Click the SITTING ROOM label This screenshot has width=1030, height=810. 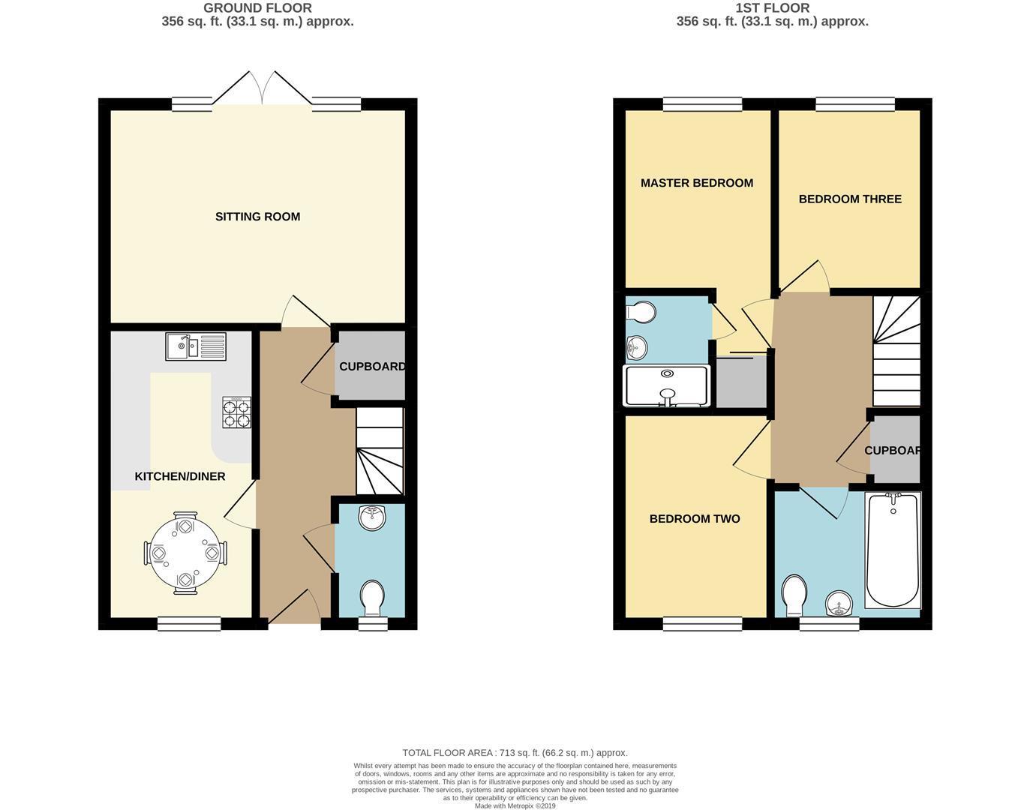(x=257, y=217)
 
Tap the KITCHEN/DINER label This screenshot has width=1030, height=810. (x=180, y=476)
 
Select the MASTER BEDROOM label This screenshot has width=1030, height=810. (x=697, y=183)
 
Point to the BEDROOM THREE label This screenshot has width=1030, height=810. (x=850, y=199)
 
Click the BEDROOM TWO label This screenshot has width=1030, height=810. (x=695, y=519)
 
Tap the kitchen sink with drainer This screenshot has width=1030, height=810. (x=196, y=346)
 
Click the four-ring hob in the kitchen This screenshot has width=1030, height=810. (x=236, y=412)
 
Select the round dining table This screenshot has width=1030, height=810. (x=185, y=553)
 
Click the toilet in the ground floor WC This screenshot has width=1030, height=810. (x=372, y=598)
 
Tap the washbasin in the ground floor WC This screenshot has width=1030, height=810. (x=372, y=517)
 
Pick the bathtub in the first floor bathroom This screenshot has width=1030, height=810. (x=893, y=550)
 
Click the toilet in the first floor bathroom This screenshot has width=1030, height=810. (x=794, y=595)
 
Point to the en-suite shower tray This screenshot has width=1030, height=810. (x=666, y=386)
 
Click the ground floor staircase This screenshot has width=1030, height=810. (x=380, y=451)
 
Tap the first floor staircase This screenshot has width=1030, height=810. (x=896, y=351)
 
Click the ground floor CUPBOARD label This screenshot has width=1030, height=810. (x=372, y=367)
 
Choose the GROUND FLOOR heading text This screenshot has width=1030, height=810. (x=257, y=8)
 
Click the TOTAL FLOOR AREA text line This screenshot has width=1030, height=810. (x=515, y=753)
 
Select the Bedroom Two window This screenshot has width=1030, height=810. (x=702, y=623)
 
